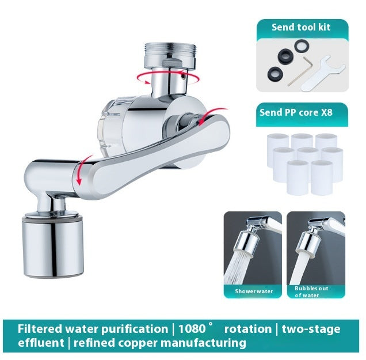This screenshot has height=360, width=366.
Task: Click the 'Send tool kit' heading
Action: (302, 27)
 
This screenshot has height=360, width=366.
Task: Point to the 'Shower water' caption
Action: (254, 291)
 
